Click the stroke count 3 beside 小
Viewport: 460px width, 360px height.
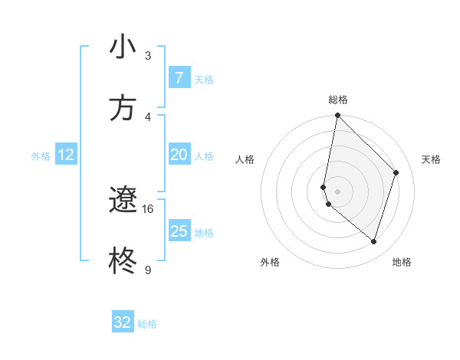148,55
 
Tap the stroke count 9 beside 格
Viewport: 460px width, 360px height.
148,270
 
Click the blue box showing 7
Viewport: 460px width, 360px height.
179,78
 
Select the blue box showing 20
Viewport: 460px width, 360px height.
179,155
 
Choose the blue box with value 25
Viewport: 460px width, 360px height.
179,231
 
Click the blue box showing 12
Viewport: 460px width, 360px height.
66,155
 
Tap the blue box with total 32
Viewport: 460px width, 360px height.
123,322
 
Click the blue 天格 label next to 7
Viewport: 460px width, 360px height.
204,79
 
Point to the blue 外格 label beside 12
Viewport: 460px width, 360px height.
41,155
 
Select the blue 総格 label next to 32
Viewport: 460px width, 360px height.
147,323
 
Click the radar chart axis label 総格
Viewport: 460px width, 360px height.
338,100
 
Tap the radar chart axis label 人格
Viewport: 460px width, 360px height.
245,159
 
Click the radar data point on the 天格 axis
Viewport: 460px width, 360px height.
396,172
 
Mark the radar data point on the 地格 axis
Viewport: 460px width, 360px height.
373,241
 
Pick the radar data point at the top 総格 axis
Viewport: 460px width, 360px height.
337,115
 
